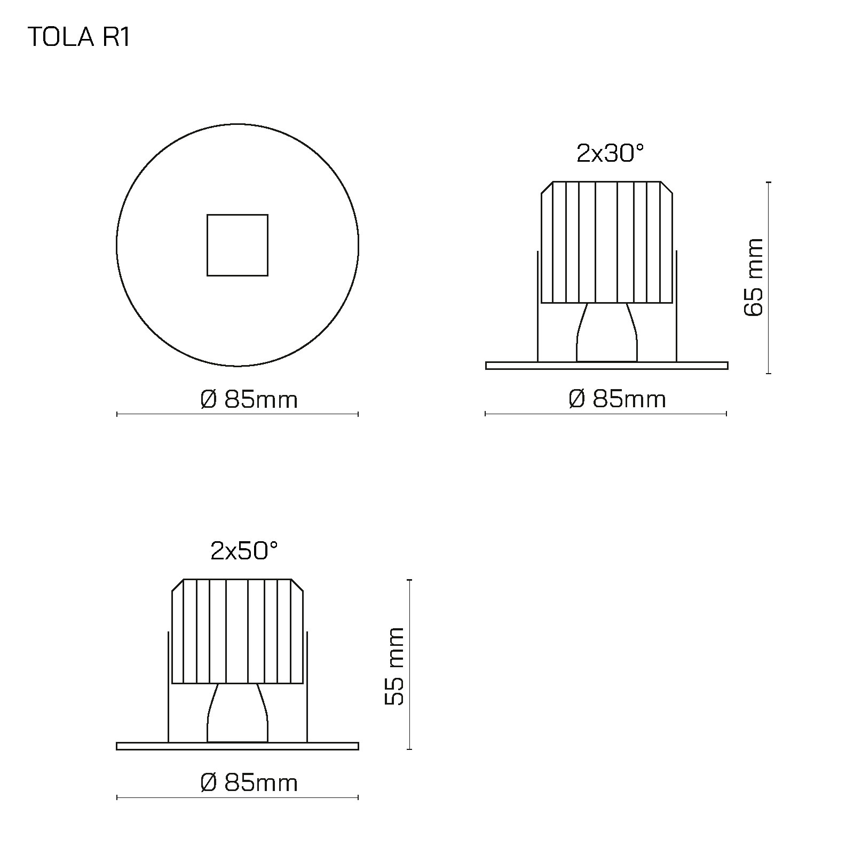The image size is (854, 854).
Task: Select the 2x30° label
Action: [611, 154]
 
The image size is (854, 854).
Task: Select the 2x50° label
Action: [244, 551]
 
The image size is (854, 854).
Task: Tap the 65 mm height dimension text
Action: [754, 278]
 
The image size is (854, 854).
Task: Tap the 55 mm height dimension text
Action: [395, 667]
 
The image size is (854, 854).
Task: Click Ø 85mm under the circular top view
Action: [249, 399]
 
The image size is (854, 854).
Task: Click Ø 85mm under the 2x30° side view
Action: [618, 399]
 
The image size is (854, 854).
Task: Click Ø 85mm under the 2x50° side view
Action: [249, 783]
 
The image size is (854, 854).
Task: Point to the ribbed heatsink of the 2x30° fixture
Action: [607, 242]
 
